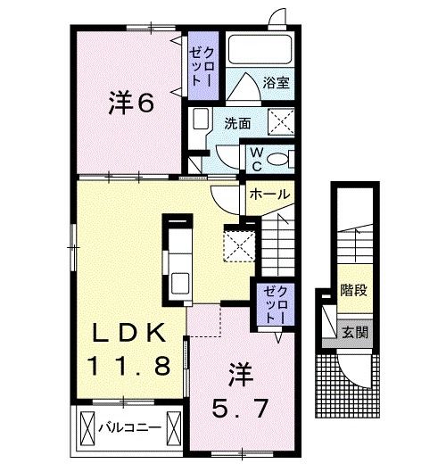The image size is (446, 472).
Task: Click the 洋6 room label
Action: (x=131, y=104)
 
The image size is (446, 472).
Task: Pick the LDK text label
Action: (x=131, y=335)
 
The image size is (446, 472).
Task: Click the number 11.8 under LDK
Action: (x=131, y=365)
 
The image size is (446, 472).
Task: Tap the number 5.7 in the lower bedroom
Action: (x=239, y=410)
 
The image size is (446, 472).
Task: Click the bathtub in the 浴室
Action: (x=261, y=49)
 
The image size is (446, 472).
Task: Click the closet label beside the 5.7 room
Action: (x=269, y=305)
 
